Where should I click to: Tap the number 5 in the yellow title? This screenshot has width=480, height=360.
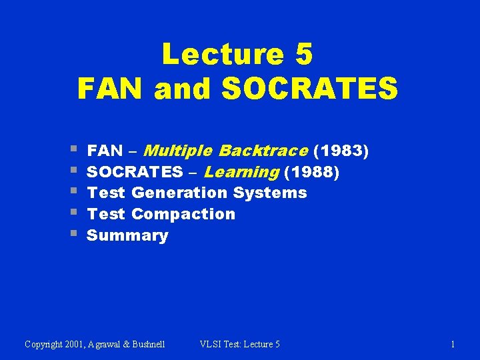(303, 54)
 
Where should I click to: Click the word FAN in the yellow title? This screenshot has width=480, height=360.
(111, 89)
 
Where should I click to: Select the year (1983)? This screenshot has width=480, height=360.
(343, 151)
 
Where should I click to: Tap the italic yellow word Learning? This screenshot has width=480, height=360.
(241, 172)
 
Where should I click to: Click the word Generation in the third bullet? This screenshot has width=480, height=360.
(179, 193)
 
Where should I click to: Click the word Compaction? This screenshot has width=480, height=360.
(183, 214)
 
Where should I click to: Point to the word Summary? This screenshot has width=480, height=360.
(127, 235)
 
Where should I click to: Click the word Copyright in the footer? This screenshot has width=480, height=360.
(45, 344)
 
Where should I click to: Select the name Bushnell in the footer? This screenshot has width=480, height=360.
(145, 344)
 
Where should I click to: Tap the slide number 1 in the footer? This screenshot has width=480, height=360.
(453, 344)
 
